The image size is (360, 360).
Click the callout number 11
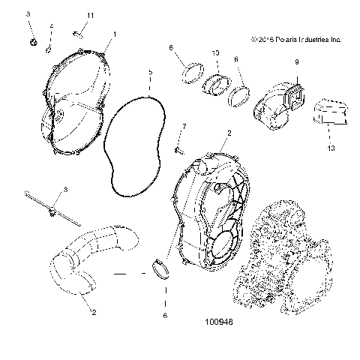[x=90, y=16]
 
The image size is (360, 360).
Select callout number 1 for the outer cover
[x=114, y=34]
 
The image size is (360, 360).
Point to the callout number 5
[x=149, y=72]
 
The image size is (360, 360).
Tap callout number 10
[x=215, y=54]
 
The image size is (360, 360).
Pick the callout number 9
[x=296, y=61]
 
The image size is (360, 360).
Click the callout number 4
[x=52, y=26]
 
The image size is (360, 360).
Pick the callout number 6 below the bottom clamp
[x=164, y=316]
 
